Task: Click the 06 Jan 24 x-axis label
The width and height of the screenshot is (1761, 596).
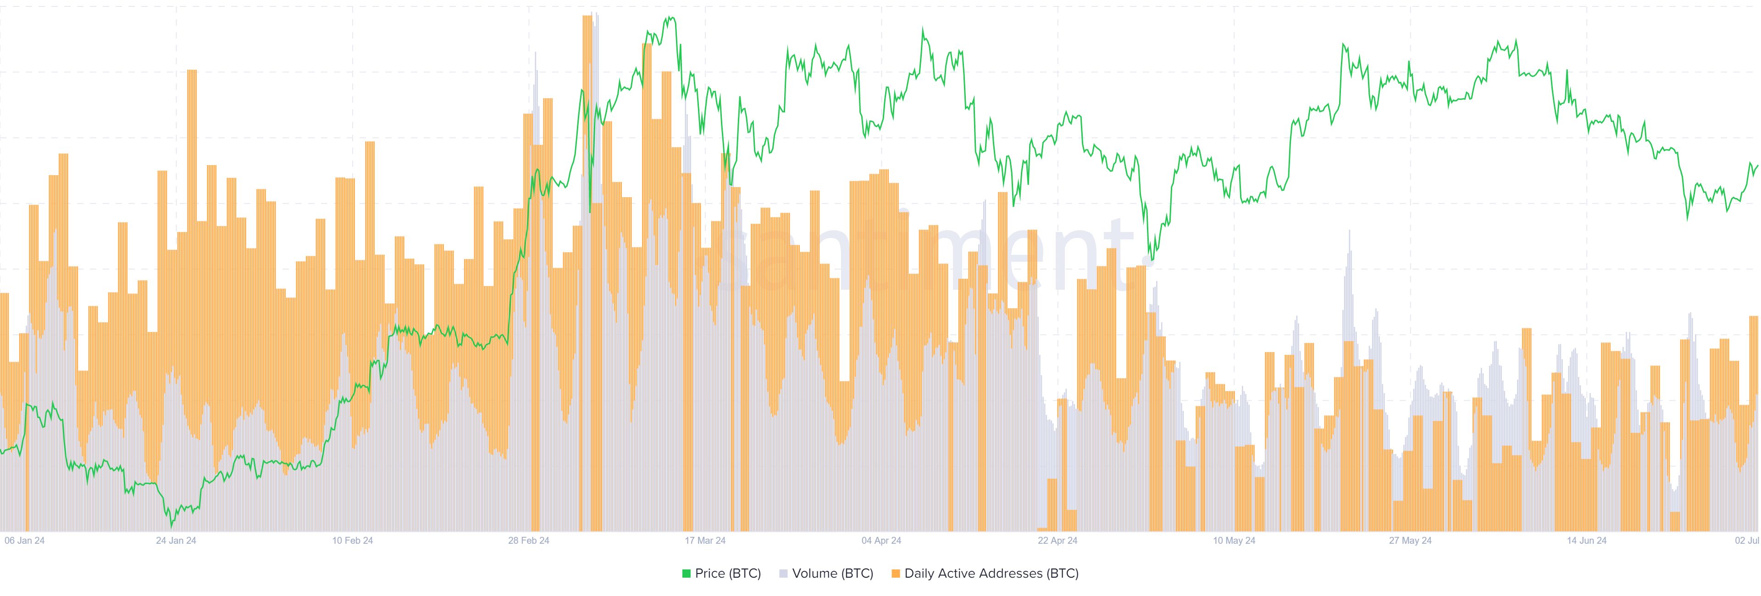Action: click(25, 540)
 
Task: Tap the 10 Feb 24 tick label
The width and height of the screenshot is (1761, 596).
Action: click(353, 540)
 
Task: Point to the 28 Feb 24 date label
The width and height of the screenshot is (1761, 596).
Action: click(528, 540)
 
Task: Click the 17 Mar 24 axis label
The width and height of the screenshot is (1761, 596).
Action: click(705, 540)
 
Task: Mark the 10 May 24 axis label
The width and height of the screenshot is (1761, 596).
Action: click(1234, 540)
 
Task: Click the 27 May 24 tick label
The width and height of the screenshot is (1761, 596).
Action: click(1410, 540)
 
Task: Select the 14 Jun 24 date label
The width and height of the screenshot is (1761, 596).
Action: click(1587, 540)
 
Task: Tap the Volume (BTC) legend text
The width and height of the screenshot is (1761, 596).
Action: click(833, 574)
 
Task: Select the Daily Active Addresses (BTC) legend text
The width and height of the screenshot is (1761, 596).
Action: click(991, 574)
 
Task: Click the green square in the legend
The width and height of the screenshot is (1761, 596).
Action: click(687, 574)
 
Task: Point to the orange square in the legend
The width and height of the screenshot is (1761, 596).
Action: click(896, 574)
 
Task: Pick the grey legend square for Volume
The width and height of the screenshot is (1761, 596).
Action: click(783, 574)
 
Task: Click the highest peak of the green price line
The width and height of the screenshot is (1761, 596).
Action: click(670, 18)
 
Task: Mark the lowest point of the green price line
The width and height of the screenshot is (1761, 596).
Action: click(172, 526)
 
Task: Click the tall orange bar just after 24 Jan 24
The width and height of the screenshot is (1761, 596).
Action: click(192, 71)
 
